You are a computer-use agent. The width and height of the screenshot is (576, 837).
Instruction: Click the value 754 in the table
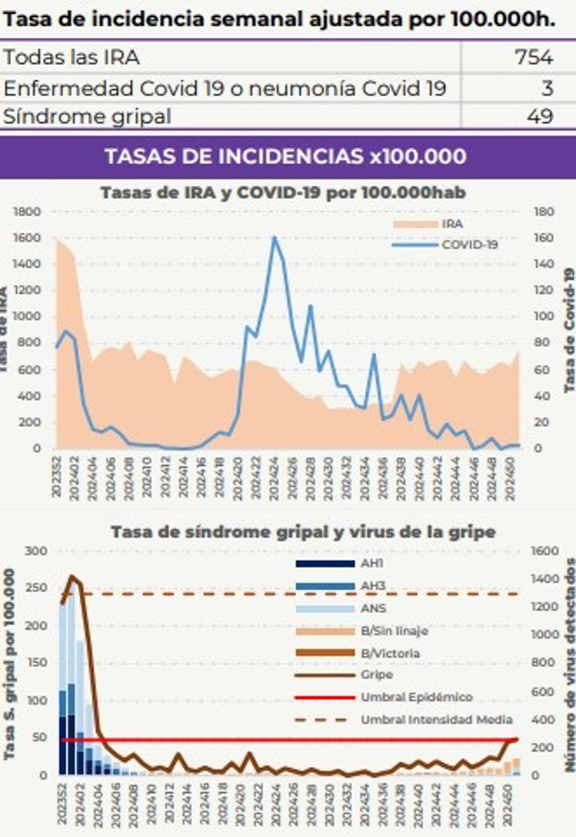click(533, 57)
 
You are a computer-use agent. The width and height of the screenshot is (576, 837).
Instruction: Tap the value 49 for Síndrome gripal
click(539, 116)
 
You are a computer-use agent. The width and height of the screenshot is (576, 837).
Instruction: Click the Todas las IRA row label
click(71, 57)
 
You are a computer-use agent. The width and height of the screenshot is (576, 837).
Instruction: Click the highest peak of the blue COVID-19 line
click(274, 237)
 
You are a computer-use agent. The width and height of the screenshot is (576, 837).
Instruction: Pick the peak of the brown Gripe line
click(72, 577)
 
